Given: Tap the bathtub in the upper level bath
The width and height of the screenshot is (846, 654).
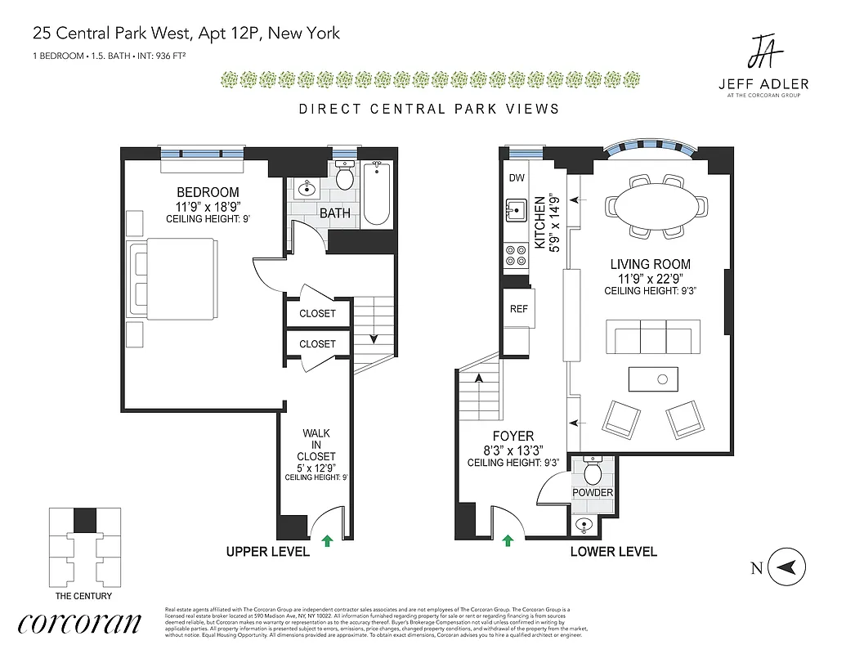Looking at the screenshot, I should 377,193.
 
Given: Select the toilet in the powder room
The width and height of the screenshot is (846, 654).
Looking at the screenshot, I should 593,473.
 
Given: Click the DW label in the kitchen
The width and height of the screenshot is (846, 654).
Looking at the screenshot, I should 517,178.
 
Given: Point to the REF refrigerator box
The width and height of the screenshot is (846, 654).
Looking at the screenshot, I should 519,309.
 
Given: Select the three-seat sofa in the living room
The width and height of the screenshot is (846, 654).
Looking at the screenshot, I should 652,336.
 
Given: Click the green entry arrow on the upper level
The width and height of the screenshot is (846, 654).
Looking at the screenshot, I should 328,540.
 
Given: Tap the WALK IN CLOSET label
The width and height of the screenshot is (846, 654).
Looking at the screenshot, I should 317,445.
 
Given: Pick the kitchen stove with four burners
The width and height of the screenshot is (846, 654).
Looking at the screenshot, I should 516,256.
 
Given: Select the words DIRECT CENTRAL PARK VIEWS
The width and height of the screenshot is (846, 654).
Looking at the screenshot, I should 428,109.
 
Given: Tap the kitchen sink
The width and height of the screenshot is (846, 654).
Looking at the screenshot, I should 515,211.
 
